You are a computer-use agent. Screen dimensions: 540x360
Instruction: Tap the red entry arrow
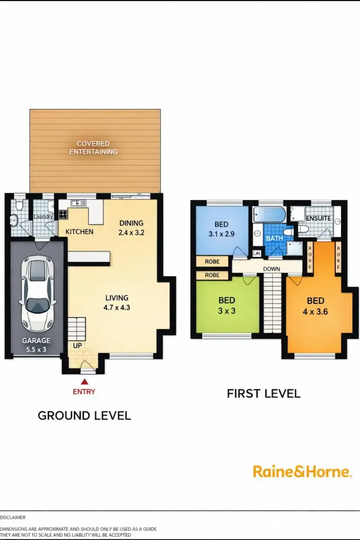(x=84, y=382)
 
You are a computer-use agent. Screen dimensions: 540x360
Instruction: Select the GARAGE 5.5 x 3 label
(x=36, y=345)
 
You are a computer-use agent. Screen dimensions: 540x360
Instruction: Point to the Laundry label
(x=43, y=216)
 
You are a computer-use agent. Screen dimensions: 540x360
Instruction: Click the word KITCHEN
(x=80, y=231)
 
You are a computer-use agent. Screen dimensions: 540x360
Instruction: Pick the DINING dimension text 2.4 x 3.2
(x=132, y=231)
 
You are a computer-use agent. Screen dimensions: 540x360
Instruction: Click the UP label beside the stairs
(x=77, y=345)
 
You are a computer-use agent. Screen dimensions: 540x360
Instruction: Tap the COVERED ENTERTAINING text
(x=93, y=147)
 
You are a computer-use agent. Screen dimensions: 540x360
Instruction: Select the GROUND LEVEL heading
(x=84, y=415)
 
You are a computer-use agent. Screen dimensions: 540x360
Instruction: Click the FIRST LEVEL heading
(x=264, y=394)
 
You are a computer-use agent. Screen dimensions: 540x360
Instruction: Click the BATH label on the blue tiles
(x=275, y=238)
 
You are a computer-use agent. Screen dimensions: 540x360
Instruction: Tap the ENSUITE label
(x=318, y=218)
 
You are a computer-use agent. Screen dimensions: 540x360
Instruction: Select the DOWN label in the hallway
(x=272, y=269)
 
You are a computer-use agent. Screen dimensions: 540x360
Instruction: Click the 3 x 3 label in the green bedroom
(x=227, y=311)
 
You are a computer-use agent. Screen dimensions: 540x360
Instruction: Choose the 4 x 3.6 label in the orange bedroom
(x=315, y=311)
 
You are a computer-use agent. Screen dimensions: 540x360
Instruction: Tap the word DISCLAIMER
(x=13, y=517)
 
